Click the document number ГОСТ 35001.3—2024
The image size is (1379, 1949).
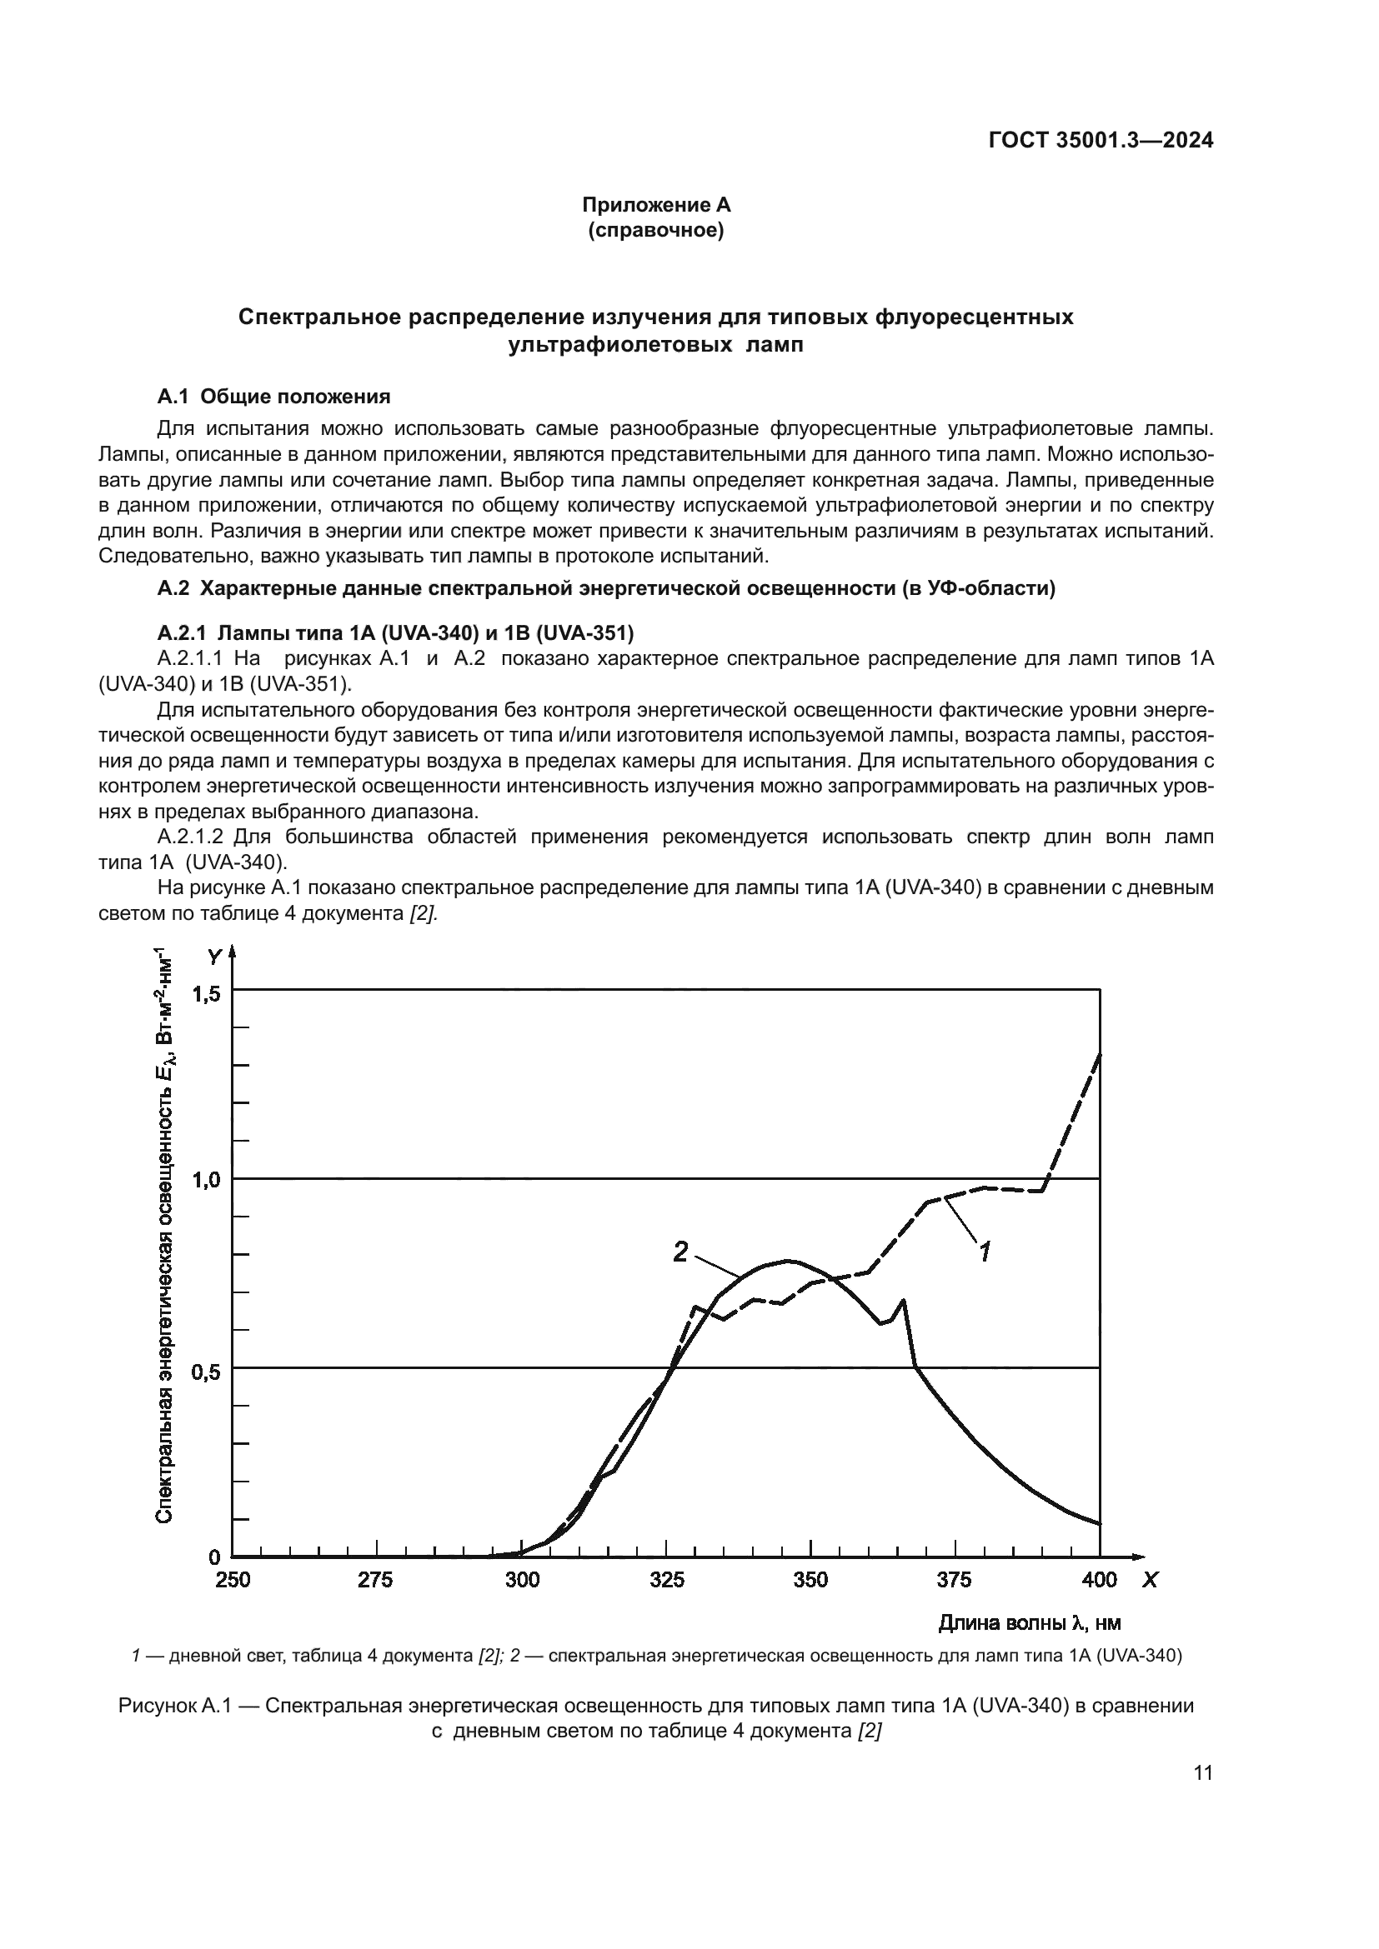(1101, 141)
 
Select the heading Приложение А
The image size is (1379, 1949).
(655, 205)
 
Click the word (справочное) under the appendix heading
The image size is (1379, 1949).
(655, 230)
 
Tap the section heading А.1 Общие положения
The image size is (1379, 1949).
(273, 397)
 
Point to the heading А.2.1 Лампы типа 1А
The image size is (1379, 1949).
(396, 632)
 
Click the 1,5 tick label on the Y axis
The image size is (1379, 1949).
(206, 994)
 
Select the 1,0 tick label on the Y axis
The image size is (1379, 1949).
(206, 1180)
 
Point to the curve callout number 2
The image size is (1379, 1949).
(680, 1252)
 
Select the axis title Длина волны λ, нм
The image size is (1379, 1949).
(1029, 1623)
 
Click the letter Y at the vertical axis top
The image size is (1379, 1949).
(214, 957)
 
